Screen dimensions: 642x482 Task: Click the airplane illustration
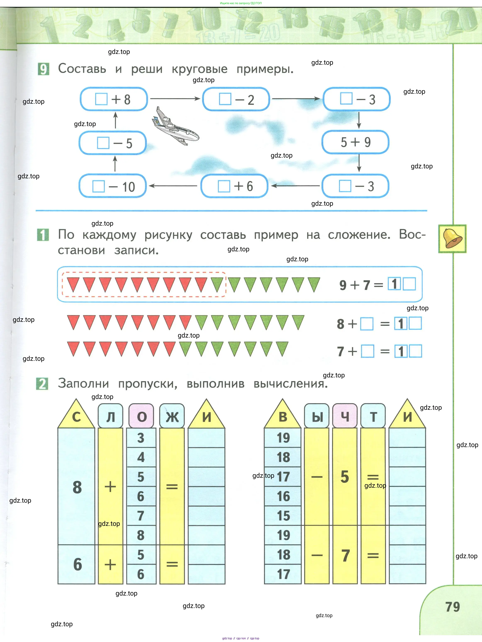(x=175, y=126)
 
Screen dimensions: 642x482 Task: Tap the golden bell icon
(x=452, y=239)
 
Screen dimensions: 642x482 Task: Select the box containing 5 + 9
(x=355, y=142)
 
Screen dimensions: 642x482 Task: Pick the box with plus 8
(x=114, y=99)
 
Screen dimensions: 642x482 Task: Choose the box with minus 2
(x=236, y=99)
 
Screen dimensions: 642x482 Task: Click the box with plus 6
(x=234, y=186)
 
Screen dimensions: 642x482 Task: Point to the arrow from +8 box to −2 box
(x=175, y=99)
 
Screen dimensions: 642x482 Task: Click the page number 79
(x=452, y=607)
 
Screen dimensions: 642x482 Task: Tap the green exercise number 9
(x=43, y=69)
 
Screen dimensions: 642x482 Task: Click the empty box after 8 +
(x=367, y=324)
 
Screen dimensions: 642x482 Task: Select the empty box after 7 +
(x=367, y=351)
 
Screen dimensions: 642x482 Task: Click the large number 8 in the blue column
(x=77, y=487)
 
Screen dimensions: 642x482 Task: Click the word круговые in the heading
(x=200, y=69)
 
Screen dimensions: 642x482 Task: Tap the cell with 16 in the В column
(x=283, y=496)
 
